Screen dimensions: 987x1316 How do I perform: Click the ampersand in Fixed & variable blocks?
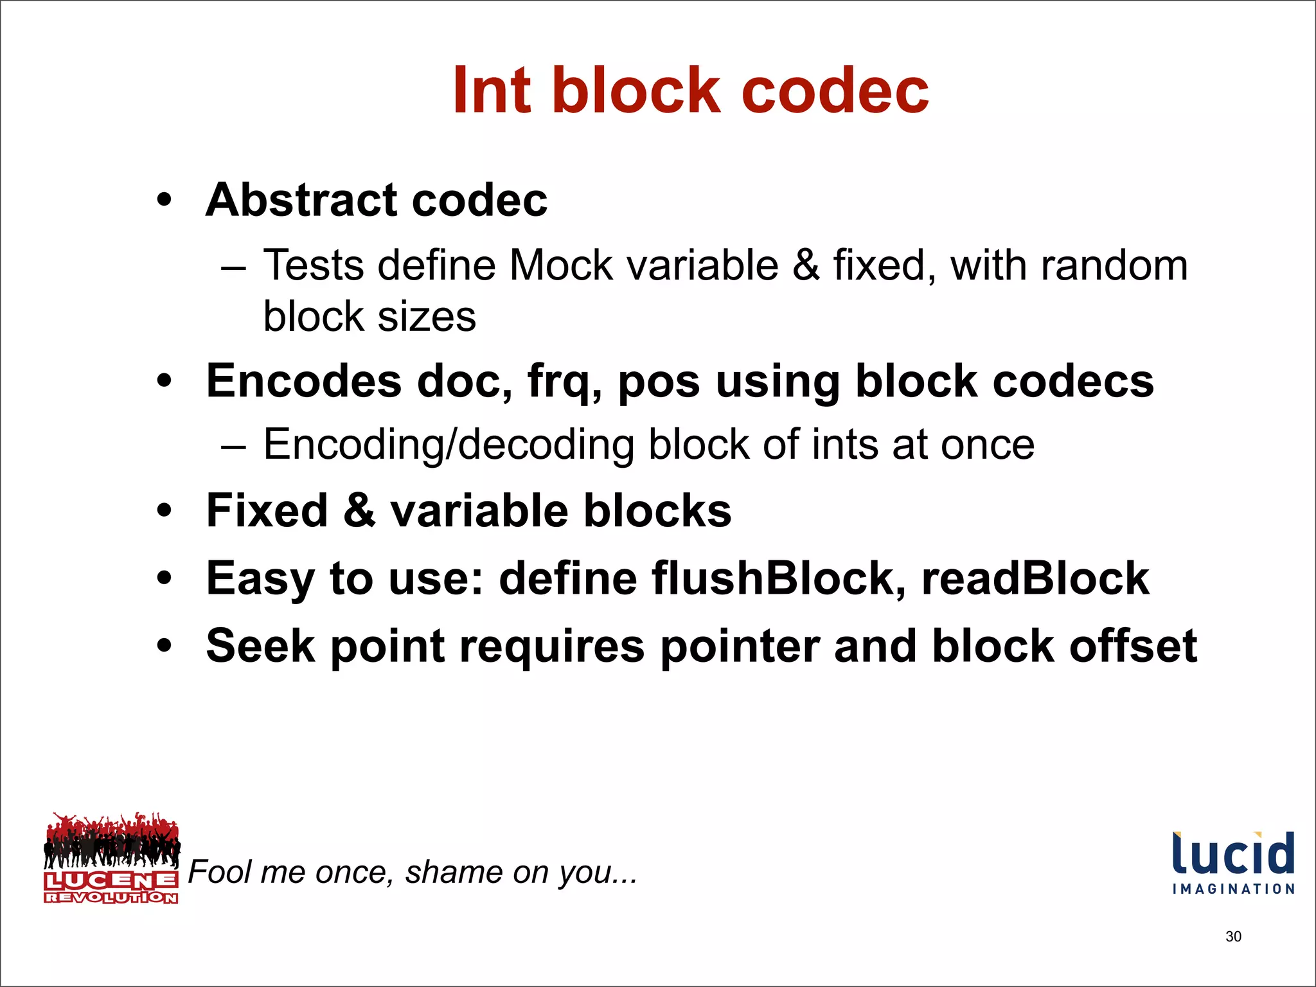click(359, 511)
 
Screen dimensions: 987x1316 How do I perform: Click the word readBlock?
click(1035, 578)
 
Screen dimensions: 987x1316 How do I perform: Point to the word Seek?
click(260, 646)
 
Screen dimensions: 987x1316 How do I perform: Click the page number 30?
click(1233, 936)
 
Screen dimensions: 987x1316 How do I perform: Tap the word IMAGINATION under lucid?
click(1233, 889)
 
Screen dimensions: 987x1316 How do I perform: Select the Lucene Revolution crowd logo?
click(111, 857)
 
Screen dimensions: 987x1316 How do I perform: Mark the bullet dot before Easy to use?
click(164, 578)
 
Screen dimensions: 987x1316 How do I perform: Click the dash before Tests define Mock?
click(233, 266)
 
